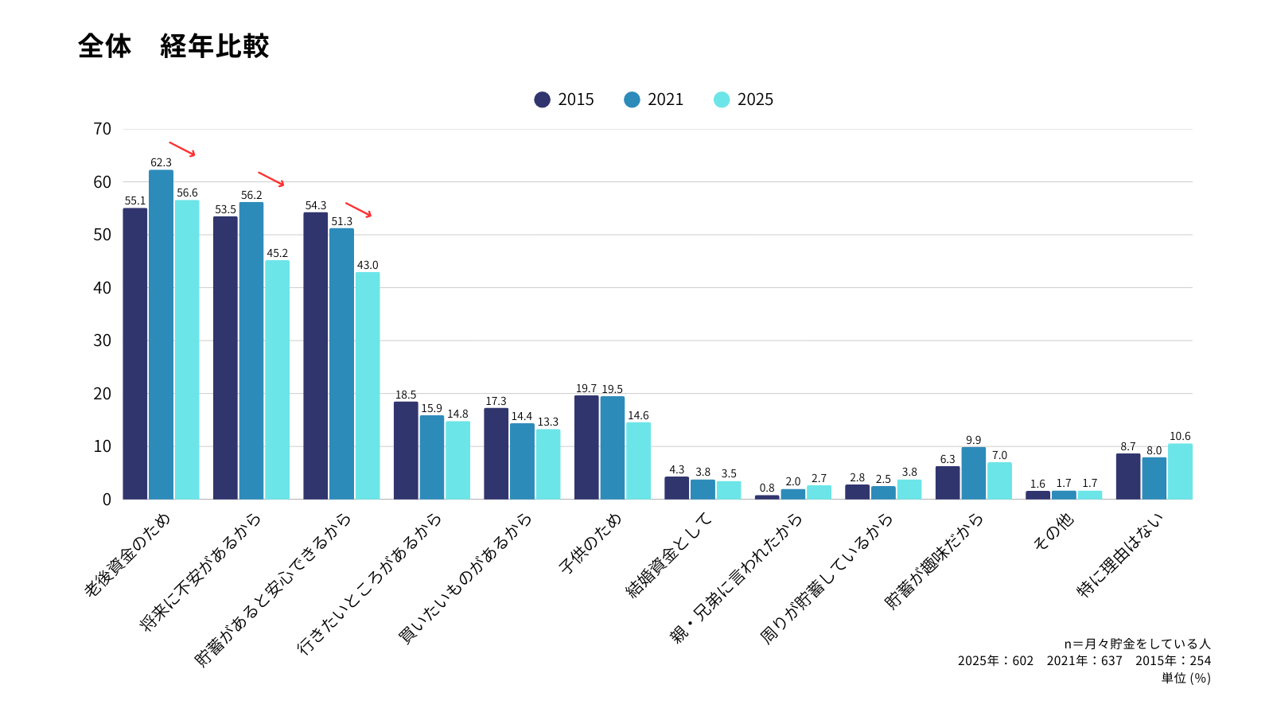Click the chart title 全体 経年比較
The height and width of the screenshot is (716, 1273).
pos(173,46)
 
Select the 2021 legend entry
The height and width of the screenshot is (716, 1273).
pos(654,99)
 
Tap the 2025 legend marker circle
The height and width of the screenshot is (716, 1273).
pos(722,99)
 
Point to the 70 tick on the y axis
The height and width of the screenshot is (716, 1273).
pos(103,129)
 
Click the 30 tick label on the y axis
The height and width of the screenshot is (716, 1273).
pos(103,340)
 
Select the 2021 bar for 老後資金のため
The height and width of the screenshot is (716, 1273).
pos(161,334)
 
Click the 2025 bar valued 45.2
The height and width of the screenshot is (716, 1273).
pos(277,379)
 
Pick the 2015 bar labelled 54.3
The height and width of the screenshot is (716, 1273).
pos(315,356)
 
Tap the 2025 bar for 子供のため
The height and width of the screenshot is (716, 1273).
pos(638,461)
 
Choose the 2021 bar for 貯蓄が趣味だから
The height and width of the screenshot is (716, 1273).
pos(973,473)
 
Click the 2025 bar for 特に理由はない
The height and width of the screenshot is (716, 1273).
pos(1180,471)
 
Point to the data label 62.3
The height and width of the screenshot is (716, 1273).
pos(161,163)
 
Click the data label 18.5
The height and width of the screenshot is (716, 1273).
pos(406,395)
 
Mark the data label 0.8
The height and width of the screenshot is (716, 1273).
pos(767,488)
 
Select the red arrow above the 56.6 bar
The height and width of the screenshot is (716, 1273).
pos(182,149)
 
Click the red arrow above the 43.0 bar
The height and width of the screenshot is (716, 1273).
pos(358,209)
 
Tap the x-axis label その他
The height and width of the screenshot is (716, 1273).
pos(1053,531)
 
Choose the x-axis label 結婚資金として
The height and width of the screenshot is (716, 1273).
pos(670,555)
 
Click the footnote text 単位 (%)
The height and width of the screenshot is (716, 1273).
pos(1185,678)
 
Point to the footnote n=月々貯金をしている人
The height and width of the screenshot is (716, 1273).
pos(1137,644)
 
